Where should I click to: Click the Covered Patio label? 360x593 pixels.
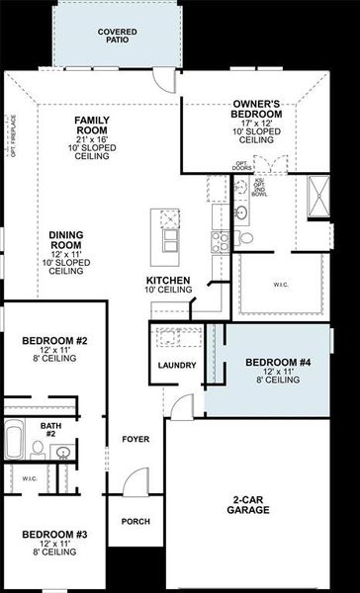[x=117, y=37]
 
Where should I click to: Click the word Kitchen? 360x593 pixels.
[x=169, y=281]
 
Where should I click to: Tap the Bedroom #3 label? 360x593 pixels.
[x=53, y=535]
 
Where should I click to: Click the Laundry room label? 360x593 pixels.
[x=177, y=366]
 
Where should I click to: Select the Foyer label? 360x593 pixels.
[x=135, y=438]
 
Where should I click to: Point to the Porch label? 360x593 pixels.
[x=135, y=521]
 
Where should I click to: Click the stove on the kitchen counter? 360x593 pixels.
[x=219, y=240]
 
